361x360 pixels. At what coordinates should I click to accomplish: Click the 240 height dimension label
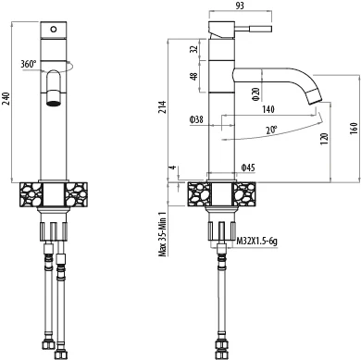point(6,99)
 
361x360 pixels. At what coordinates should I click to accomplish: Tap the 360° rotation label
point(29,64)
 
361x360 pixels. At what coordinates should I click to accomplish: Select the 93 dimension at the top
point(240,6)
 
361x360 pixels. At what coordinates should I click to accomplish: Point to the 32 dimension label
point(193,49)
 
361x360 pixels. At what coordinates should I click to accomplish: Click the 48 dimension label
point(193,76)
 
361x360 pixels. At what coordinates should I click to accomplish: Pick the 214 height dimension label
point(163,106)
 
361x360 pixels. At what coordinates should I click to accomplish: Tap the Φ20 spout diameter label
point(255,93)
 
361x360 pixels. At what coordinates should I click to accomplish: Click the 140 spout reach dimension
point(268,109)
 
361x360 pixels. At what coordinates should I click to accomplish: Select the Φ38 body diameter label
point(196,119)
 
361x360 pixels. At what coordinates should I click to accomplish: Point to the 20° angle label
point(271,130)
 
